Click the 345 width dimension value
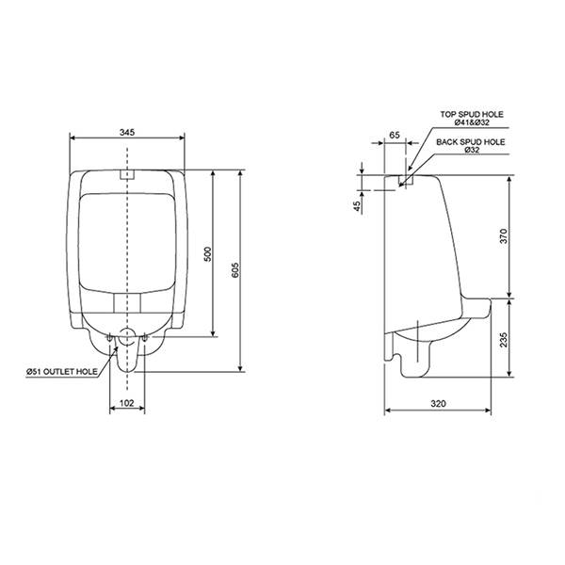[x=127, y=132]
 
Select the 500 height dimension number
[x=208, y=254]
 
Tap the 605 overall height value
[x=234, y=270]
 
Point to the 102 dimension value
[x=126, y=403]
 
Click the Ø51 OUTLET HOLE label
[x=62, y=372]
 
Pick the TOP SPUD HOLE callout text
[x=472, y=114]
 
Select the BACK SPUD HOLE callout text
[x=471, y=142]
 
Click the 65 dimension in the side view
[x=395, y=135]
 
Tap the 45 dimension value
[x=357, y=206]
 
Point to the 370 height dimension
[x=504, y=236]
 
